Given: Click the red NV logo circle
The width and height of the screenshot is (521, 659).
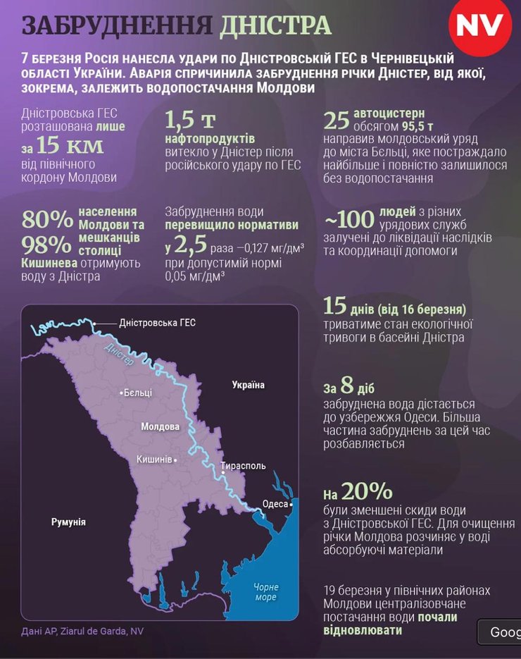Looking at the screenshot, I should pos(480,26).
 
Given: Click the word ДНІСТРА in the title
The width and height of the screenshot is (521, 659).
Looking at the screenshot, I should pos(275,25).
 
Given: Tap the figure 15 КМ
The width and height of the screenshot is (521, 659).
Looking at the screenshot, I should pos(70,146).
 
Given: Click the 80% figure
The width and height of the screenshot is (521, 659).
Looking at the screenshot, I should pos(47,219).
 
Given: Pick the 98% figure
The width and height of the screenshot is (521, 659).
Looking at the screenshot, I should pos(47,245).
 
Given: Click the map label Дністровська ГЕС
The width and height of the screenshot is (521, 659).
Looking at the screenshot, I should pos(157,323).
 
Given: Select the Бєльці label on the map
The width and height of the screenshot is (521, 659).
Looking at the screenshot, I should pos(137,393).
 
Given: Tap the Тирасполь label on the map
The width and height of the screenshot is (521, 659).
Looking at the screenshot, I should pos(243,466).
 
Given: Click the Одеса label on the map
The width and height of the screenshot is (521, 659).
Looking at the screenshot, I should pos(275,504).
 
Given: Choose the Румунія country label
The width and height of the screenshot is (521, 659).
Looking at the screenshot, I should pos(68,522).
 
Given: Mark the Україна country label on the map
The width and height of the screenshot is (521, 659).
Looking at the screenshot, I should pos(248,385).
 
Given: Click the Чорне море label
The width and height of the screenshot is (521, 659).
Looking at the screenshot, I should pos(265,592).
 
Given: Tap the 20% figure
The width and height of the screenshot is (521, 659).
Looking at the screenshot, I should pos(367,491).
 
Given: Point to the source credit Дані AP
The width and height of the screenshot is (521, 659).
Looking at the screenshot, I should pos(42,632).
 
